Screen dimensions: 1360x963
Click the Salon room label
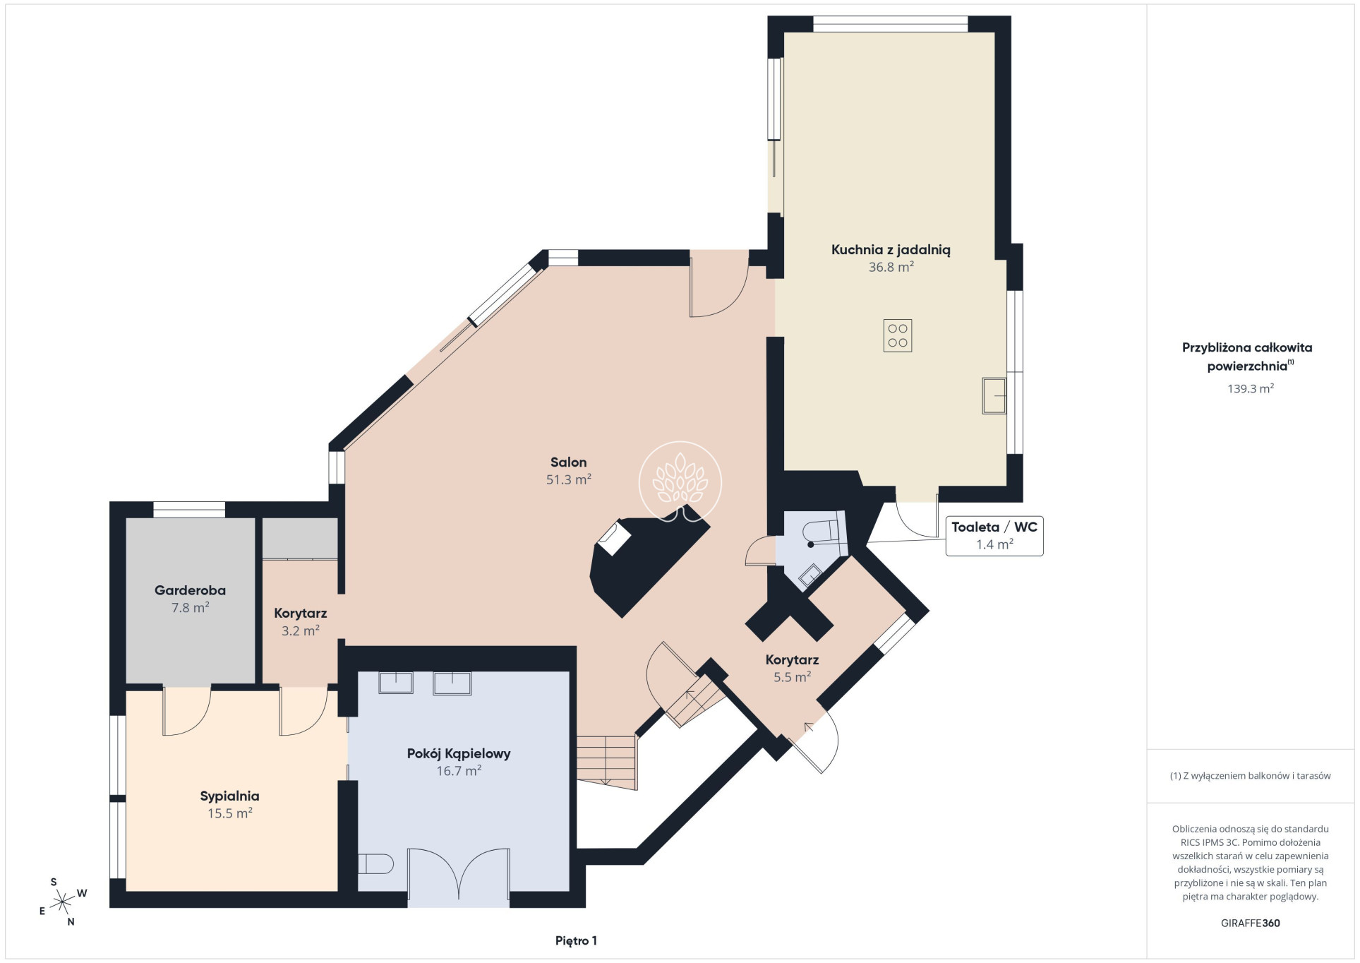coord(568,462)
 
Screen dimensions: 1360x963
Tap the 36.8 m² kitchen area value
coord(891,267)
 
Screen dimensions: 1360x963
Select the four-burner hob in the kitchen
coord(897,335)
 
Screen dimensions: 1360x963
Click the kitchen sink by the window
coord(994,395)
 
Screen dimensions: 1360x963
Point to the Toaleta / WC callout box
coord(994,536)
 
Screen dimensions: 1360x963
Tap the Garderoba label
coord(190,590)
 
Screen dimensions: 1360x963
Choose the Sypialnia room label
coord(229,796)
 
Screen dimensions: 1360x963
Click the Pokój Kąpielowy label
coord(459,753)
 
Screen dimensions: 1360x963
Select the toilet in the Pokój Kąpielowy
coord(375,863)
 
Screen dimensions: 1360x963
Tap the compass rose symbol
coord(64,901)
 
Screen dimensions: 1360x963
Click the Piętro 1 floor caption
coord(576,940)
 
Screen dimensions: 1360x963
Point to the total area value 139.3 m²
coord(1250,388)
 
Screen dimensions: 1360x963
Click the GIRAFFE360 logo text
coord(1250,923)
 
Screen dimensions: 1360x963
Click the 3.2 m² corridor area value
coord(301,630)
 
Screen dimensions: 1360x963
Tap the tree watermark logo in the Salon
coord(680,482)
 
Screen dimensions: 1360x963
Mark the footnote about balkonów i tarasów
coord(1250,775)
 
